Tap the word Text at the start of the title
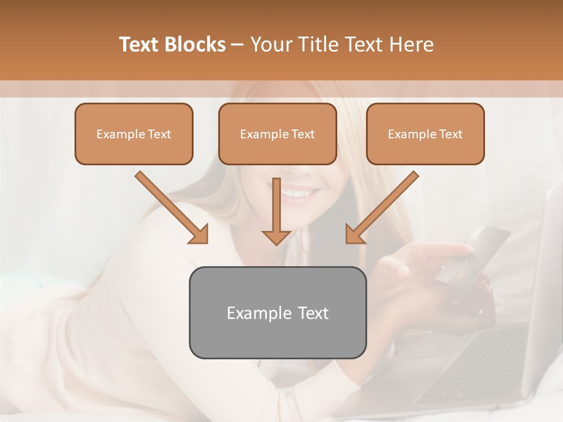141,45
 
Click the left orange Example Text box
134,134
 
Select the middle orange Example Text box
277,134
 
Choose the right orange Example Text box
425,134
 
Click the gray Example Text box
277,313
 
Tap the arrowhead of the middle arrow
277,236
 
